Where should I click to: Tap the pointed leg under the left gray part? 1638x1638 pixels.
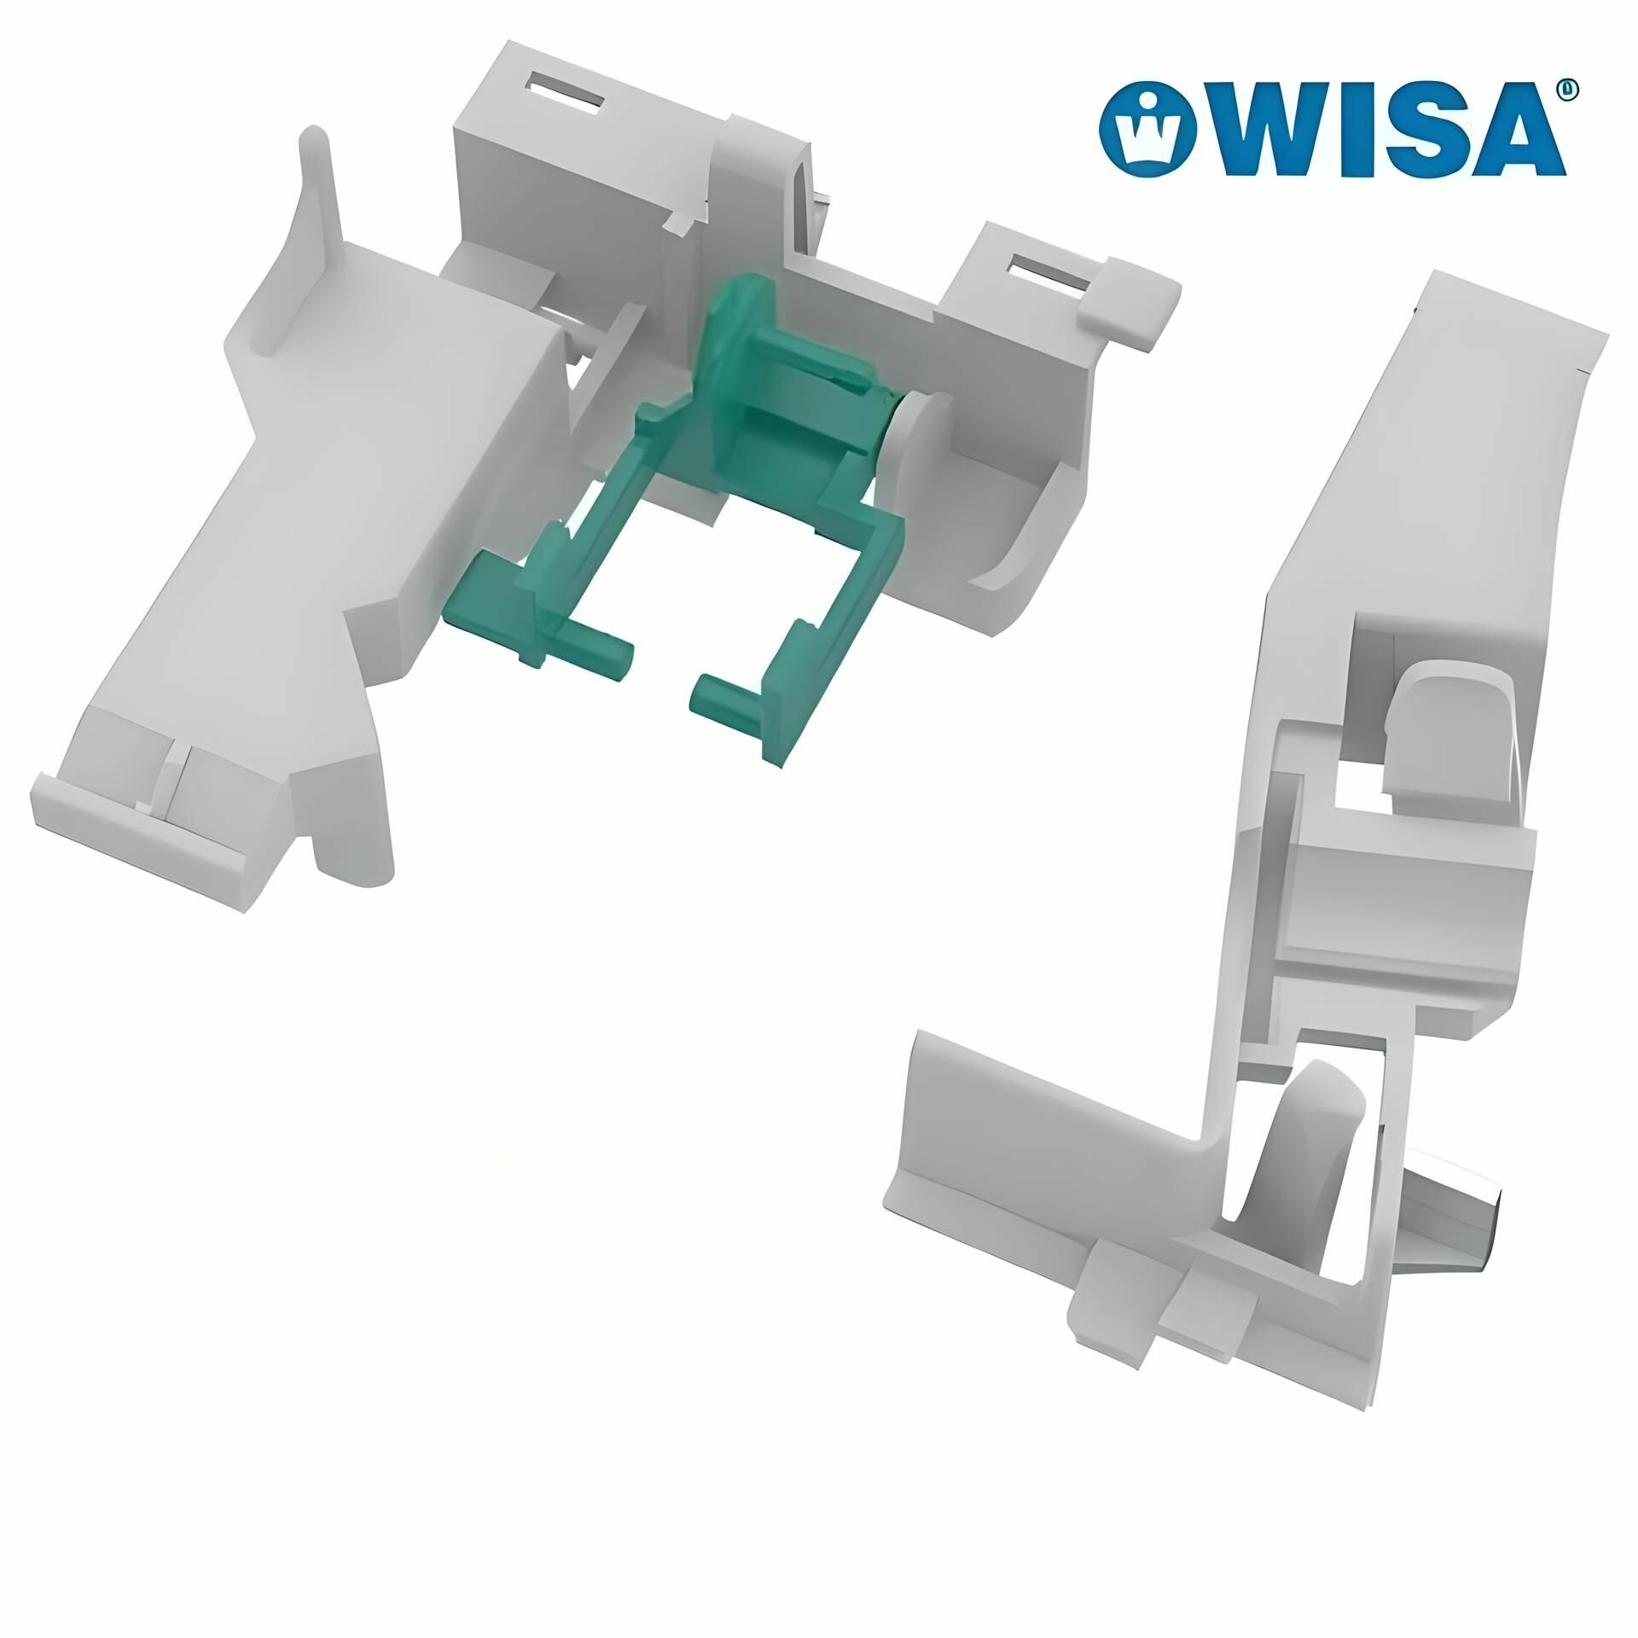[354, 845]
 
